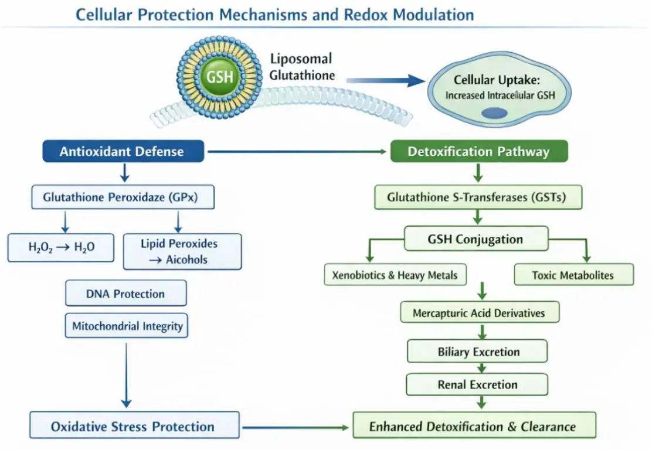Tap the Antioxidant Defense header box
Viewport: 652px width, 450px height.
[122, 152]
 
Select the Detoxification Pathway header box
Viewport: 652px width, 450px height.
[478, 152]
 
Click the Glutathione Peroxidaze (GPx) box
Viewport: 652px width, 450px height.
[122, 197]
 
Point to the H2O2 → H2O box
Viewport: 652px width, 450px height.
[61, 247]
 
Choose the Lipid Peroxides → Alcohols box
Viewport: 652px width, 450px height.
[182, 251]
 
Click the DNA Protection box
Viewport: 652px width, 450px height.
[125, 294]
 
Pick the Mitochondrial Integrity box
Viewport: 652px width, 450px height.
[127, 326]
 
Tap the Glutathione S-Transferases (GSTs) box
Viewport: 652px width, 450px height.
[478, 197]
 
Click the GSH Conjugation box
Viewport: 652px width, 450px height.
[476, 239]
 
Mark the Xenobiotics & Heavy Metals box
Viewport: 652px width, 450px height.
[395, 275]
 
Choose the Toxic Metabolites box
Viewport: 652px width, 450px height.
[573, 275]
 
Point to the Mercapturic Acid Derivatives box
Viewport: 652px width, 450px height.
[479, 312]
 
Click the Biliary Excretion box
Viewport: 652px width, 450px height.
[478, 352]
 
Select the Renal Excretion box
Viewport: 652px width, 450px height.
[477, 385]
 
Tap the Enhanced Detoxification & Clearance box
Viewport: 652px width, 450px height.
[474, 427]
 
